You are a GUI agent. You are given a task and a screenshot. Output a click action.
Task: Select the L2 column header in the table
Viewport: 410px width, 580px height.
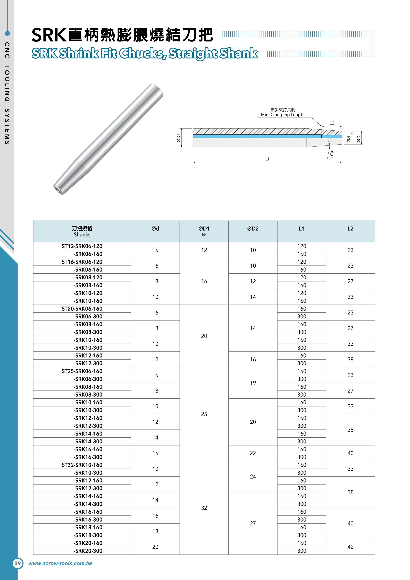tap(350, 229)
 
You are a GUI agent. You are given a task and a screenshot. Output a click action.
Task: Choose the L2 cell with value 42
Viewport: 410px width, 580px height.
tap(350, 547)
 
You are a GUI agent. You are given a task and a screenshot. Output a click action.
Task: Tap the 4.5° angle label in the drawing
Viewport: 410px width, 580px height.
tap(331, 154)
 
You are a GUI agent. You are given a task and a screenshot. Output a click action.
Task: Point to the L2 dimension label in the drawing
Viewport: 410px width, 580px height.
tap(332, 123)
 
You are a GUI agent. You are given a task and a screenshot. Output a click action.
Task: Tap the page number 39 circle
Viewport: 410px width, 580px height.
tap(18, 563)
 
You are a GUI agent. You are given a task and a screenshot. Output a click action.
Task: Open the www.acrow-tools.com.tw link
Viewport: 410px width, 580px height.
tap(60, 564)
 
